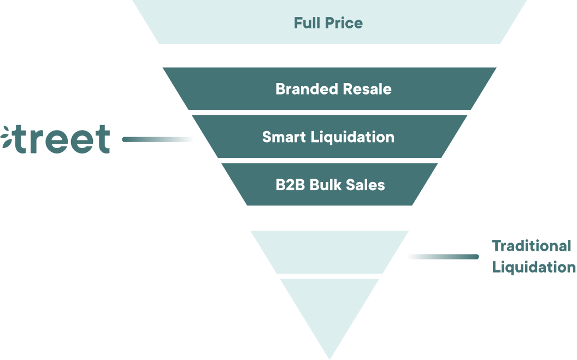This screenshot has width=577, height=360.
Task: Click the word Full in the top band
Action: pyautogui.click(x=308, y=23)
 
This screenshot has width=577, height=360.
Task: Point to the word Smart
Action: pyautogui.click(x=284, y=137)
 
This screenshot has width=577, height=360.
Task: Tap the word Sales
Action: pyautogui.click(x=366, y=185)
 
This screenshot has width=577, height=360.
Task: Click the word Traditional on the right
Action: pyautogui.click(x=531, y=246)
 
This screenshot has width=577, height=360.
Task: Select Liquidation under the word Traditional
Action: pyautogui.click(x=533, y=267)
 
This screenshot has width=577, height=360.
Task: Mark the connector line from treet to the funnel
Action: pyautogui.click(x=157, y=139)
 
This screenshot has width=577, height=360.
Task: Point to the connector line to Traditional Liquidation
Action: pyautogui.click(x=443, y=256)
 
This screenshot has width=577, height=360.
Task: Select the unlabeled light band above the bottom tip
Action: pyautogui.click(x=329, y=252)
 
